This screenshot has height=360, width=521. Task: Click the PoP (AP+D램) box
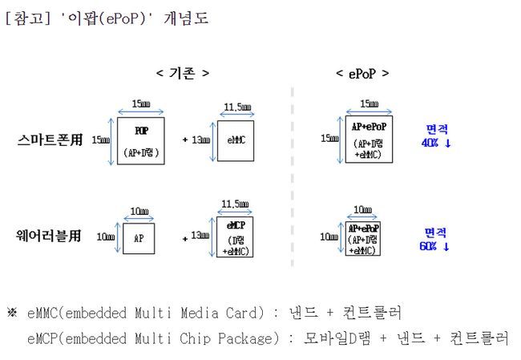(x=141, y=140)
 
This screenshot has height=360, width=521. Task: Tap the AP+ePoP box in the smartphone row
(x=370, y=139)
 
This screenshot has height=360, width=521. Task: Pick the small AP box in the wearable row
(x=138, y=238)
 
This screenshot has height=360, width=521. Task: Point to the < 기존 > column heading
(x=183, y=73)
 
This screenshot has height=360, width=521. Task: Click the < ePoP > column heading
(x=362, y=73)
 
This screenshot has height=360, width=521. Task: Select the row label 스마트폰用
(x=50, y=140)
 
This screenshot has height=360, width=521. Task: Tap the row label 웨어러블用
(x=50, y=237)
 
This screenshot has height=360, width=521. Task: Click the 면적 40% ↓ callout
(x=436, y=136)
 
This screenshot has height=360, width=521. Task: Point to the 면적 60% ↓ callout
(x=434, y=239)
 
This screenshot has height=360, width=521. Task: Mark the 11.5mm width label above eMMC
(x=236, y=107)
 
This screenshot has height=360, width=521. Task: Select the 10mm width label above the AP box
(x=139, y=212)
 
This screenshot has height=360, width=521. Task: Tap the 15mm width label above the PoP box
(x=141, y=104)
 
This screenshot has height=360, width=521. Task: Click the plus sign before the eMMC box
(x=185, y=140)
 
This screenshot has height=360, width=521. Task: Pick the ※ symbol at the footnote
(x=11, y=311)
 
